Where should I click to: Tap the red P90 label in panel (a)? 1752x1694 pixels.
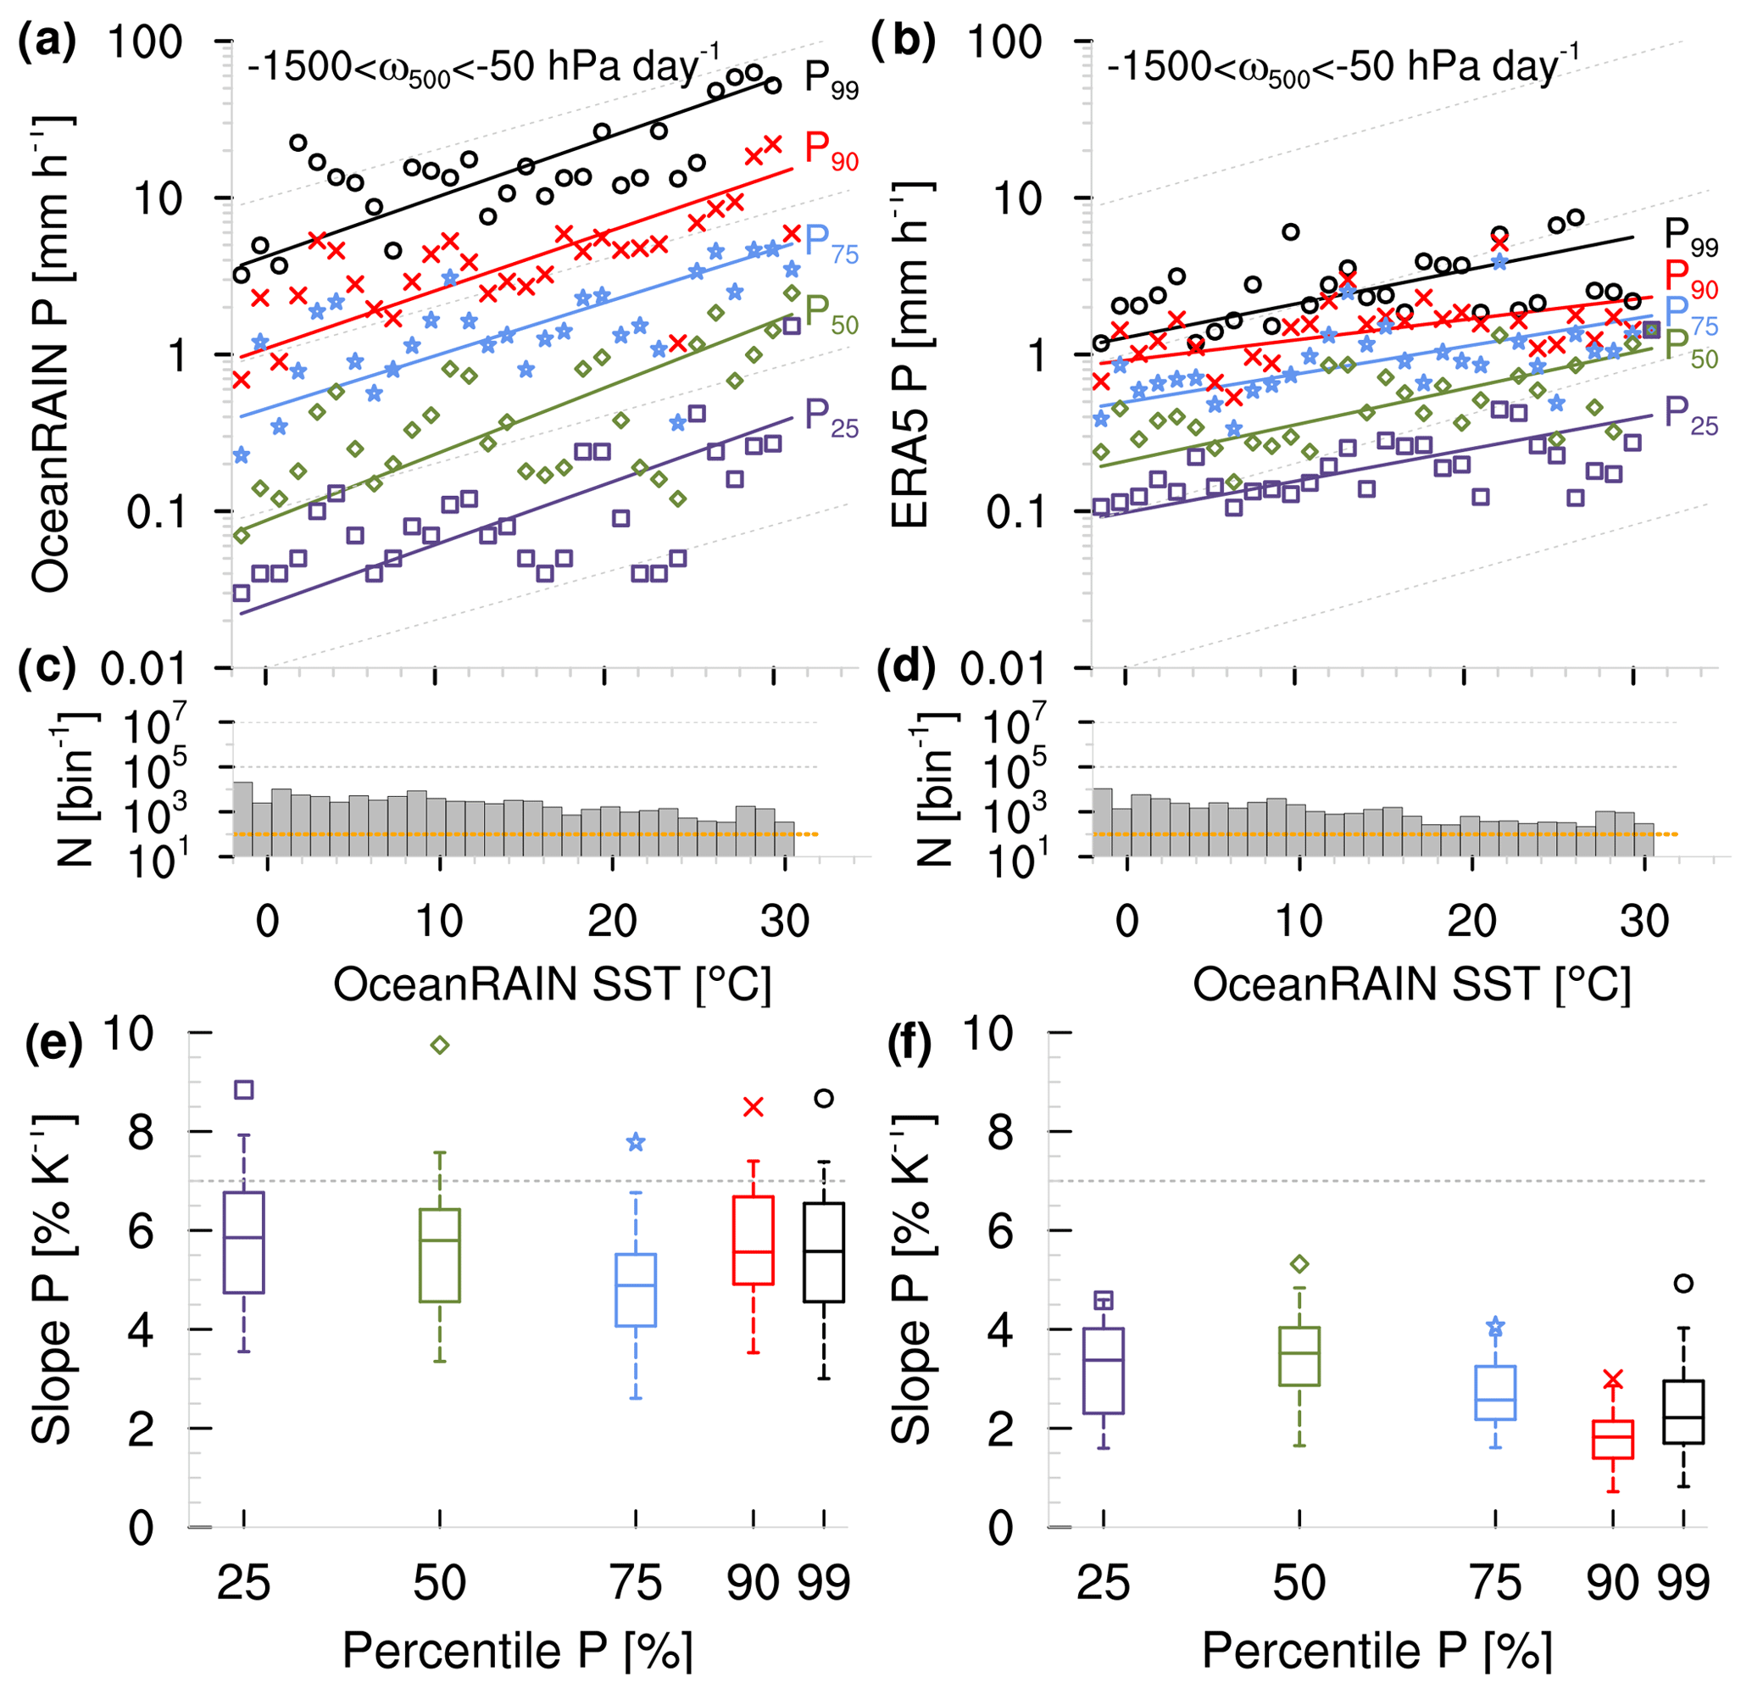click(831, 150)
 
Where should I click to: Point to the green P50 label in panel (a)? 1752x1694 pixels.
click(831, 314)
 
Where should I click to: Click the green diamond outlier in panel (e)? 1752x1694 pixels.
click(440, 1045)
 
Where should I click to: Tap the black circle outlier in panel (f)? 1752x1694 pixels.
click(1683, 1284)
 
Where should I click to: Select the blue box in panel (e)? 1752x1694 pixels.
click(637, 1290)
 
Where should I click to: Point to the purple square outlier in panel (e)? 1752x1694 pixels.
click(244, 1089)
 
